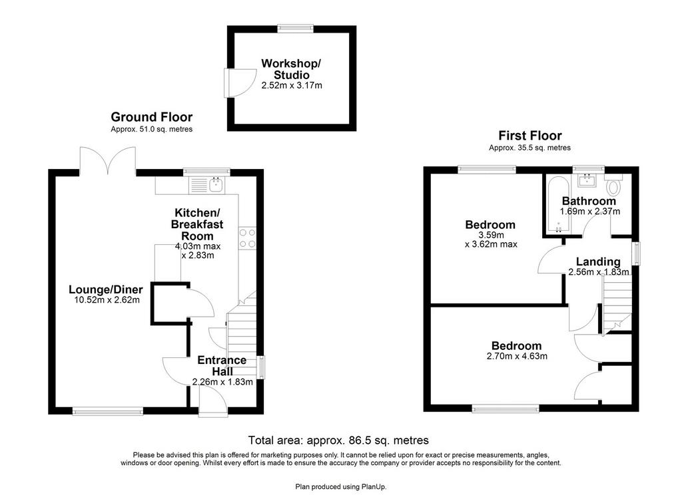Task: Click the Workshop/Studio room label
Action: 291,69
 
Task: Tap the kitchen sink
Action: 216,185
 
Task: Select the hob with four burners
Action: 247,238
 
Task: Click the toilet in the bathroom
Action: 613,185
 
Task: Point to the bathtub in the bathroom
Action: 558,205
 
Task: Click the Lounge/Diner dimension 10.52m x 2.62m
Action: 105,300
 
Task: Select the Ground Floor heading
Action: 151,117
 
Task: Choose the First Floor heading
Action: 529,136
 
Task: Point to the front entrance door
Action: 213,401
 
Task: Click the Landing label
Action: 598,261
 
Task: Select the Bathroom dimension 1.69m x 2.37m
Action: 590,212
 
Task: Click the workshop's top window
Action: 295,28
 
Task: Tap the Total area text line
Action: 338,440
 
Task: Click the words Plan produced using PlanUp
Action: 341,487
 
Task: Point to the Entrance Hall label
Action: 222,366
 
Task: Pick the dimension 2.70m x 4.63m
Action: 517,357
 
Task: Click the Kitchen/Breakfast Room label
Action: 197,224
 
